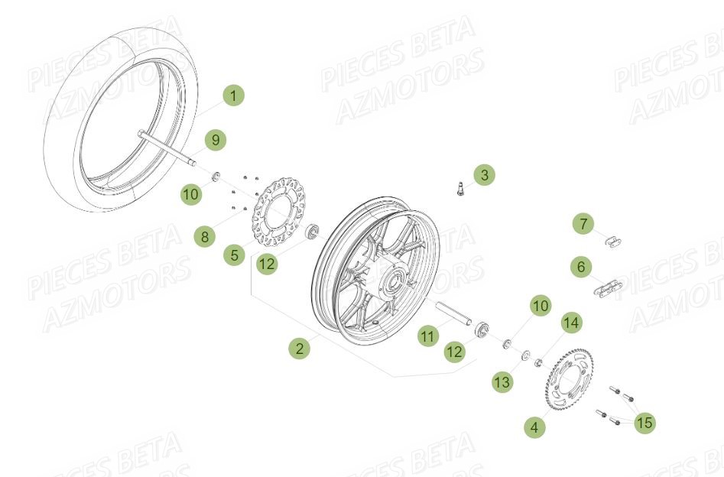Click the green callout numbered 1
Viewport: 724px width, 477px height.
click(235, 96)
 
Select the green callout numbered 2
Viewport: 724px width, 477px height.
click(300, 349)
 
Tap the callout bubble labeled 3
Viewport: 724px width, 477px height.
click(483, 175)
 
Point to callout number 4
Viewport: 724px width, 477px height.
click(534, 427)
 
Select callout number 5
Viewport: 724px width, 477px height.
click(235, 255)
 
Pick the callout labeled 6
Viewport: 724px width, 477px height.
click(581, 267)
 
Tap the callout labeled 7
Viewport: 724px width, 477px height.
click(583, 224)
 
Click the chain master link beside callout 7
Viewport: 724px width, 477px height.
click(613, 242)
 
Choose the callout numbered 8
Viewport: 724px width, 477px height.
click(204, 237)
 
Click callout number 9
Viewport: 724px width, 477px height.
click(216, 140)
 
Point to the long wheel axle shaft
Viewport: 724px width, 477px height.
click(165, 149)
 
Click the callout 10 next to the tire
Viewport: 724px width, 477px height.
click(191, 194)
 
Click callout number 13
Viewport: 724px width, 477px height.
click(502, 381)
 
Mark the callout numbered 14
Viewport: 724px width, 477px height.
click(571, 324)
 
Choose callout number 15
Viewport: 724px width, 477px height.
click(644, 422)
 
